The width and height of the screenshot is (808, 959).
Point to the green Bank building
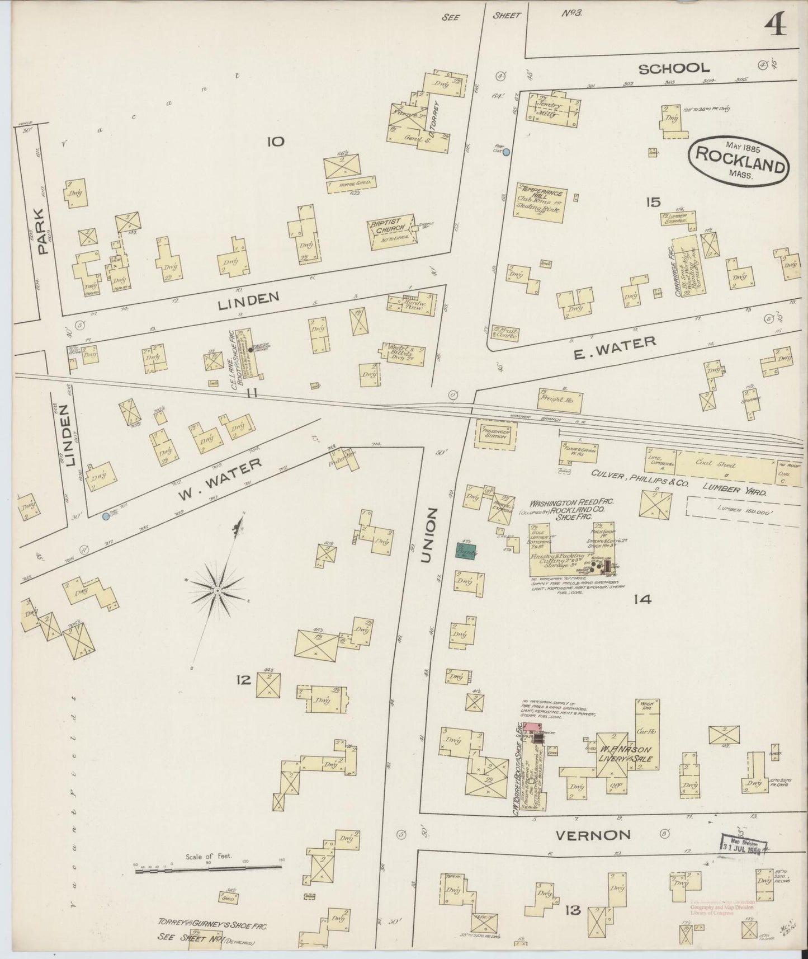465,551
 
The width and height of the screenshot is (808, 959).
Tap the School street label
674,68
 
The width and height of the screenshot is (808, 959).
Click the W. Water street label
219,480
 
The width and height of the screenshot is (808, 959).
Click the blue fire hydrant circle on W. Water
106,516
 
